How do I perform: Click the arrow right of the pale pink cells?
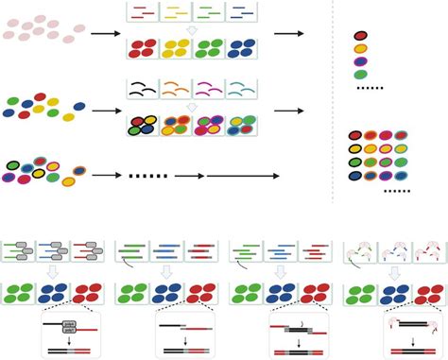pyautogui.click(x=104, y=35)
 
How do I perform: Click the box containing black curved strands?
pyautogui.click(x=144, y=90)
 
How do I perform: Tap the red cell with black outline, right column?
pyautogui.click(x=360, y=36)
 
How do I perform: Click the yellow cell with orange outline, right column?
pyautogui.click(x=360, y=49)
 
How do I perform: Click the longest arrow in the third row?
pyautogui.click(x=242, y=175)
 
